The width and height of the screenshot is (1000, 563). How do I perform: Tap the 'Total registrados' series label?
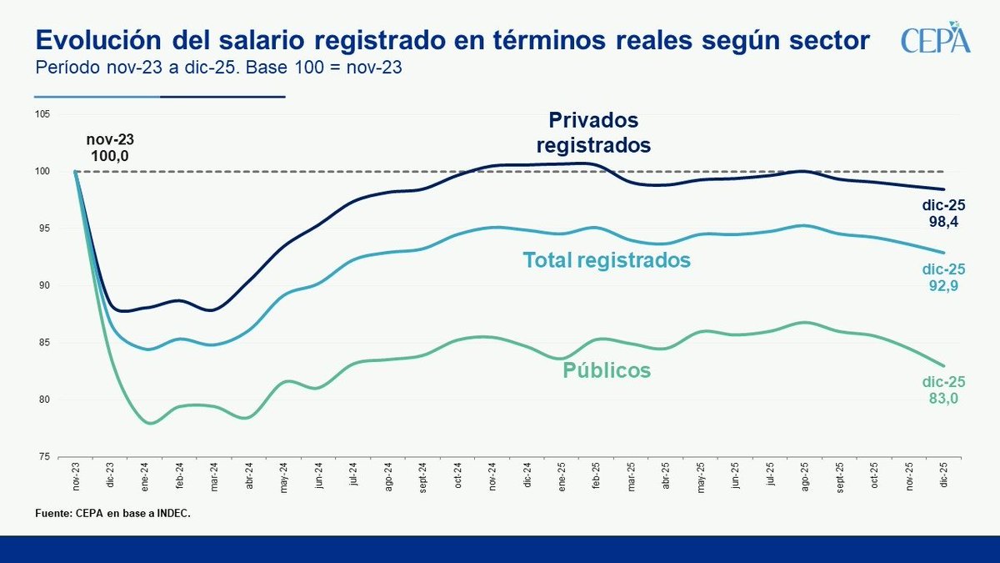coord(607,260)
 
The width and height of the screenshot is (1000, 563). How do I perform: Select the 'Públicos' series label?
coord(607,369)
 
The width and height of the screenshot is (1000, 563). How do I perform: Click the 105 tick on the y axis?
coord(42,114)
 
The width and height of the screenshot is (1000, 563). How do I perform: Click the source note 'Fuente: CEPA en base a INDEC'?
coord(112,513)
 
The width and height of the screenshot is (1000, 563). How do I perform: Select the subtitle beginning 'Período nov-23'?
coord(218,68)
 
